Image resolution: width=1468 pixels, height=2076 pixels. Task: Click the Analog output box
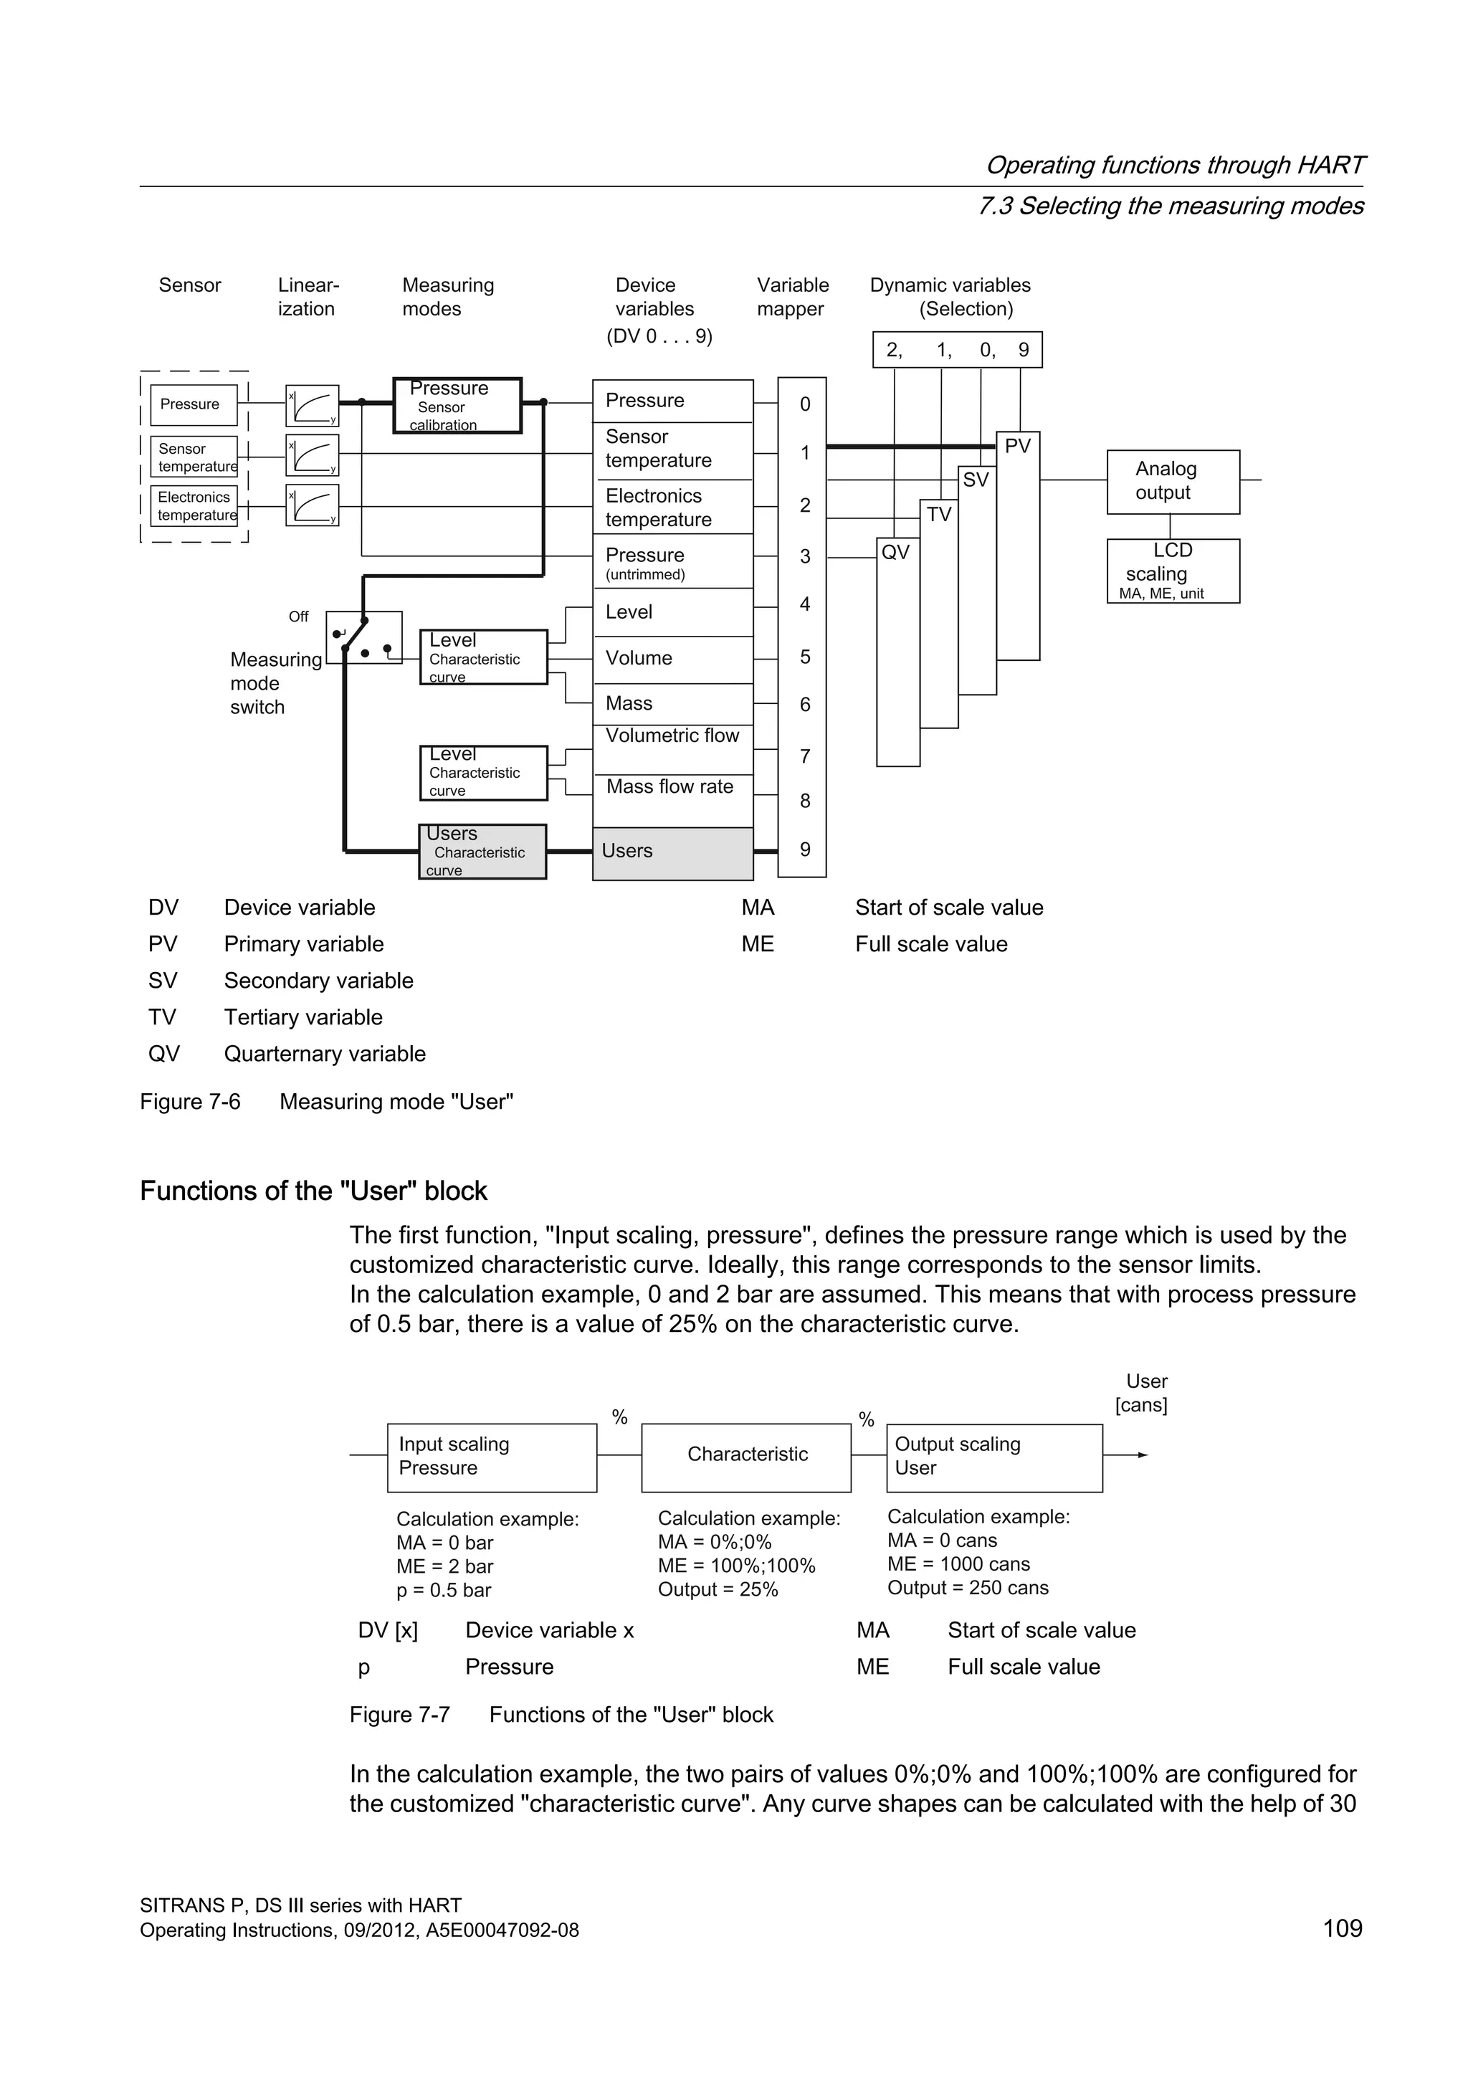[1173, 482]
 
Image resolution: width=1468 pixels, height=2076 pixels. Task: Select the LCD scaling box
[1173, 571]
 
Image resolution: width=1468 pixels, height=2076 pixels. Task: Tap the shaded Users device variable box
[672, 852]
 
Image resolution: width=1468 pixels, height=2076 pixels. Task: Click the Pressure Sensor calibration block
[457, 405]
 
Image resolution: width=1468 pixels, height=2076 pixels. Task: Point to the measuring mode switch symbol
[363, 637]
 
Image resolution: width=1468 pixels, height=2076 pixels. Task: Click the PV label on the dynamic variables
[1017, 446]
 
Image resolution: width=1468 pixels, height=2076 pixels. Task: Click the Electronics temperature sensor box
[194, 506]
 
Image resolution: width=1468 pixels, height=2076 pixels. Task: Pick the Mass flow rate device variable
[669, 786]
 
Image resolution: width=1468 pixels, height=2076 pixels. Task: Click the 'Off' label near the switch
[298, 616]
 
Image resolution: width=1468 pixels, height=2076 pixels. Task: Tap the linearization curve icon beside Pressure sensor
[312, 405]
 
